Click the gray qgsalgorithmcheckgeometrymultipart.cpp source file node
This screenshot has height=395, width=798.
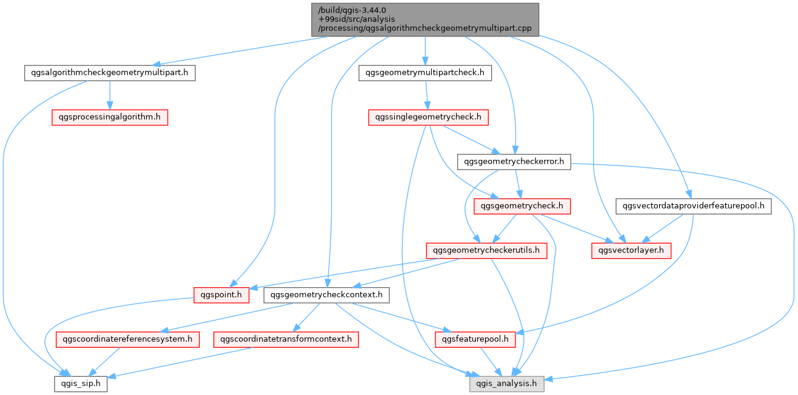[x=425, y=20]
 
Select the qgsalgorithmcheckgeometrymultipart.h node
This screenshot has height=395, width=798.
[x=110, y=73]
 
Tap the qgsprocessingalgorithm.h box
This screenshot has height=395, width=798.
[x=110, y=118]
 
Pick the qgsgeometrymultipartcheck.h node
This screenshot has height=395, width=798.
[x=425, y=73]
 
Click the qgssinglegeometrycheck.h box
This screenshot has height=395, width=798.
[x=428, y=118]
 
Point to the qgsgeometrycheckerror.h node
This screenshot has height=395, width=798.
[x=514, y=162]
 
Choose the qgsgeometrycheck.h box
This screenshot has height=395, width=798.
[x=522, y=207]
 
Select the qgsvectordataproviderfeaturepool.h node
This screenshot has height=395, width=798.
[x=694, y=207]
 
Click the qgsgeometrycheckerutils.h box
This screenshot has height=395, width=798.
[x=486, y=251]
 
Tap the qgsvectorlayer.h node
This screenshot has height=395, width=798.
[x=631, y=251]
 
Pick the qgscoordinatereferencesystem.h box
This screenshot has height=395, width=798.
[x=127, y=339]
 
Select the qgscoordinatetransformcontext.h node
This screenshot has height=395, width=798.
[x=286, y=339]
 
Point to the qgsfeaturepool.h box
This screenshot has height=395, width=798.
[x=475, y=339]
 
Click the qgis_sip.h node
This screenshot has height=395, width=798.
[x=81, y=384]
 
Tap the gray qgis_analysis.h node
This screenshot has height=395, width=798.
[x=506, y=384]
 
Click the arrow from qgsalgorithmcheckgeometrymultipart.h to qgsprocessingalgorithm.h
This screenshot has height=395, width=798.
[x=110, y=95]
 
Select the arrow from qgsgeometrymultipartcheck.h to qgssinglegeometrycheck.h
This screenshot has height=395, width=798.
[x=427, y=95]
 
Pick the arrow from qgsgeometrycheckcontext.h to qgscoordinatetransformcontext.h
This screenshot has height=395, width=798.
[x=306, y=317]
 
